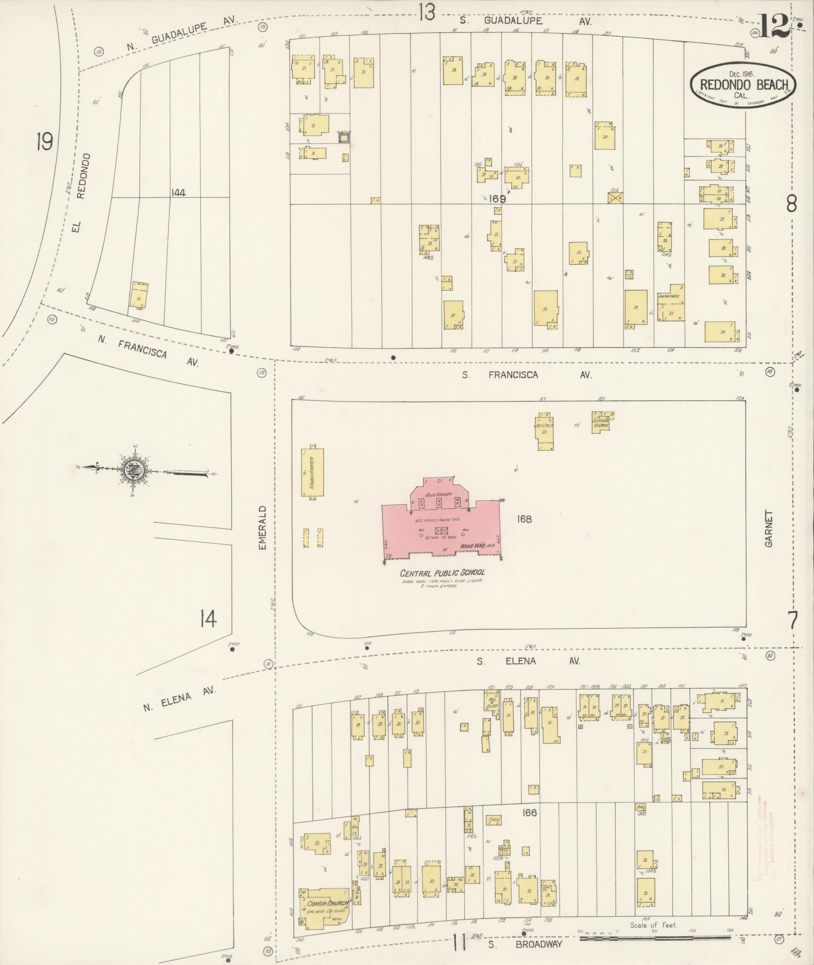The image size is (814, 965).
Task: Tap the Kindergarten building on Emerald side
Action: (313, 472)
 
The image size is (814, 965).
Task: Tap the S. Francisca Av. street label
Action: (527, 375)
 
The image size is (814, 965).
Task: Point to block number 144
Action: (179, 192)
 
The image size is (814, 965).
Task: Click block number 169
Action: (497, 199)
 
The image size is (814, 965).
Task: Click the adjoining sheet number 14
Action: (208, 618)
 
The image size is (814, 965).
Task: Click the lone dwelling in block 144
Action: (139, 295)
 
